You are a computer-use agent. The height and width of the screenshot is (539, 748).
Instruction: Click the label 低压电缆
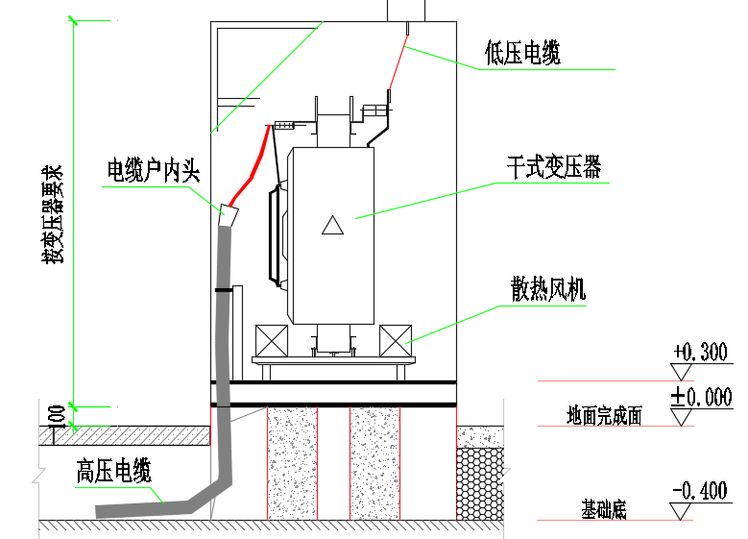point(522,54)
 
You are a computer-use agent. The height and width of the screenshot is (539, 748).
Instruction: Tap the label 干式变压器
point(554,167)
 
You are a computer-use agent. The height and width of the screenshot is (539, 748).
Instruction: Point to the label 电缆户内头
point(153,173)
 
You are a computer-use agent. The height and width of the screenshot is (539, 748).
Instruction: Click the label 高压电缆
point(114,472)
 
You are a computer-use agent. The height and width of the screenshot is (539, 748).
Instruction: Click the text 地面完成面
point(604,416)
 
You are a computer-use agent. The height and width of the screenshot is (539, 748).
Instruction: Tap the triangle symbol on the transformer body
point(332,226)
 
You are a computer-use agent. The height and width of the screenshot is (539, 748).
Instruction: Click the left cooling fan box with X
point(271,342)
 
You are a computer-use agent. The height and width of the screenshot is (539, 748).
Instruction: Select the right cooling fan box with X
point(396,342)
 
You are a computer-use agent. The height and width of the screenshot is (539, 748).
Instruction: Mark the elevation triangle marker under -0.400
point(682,511)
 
